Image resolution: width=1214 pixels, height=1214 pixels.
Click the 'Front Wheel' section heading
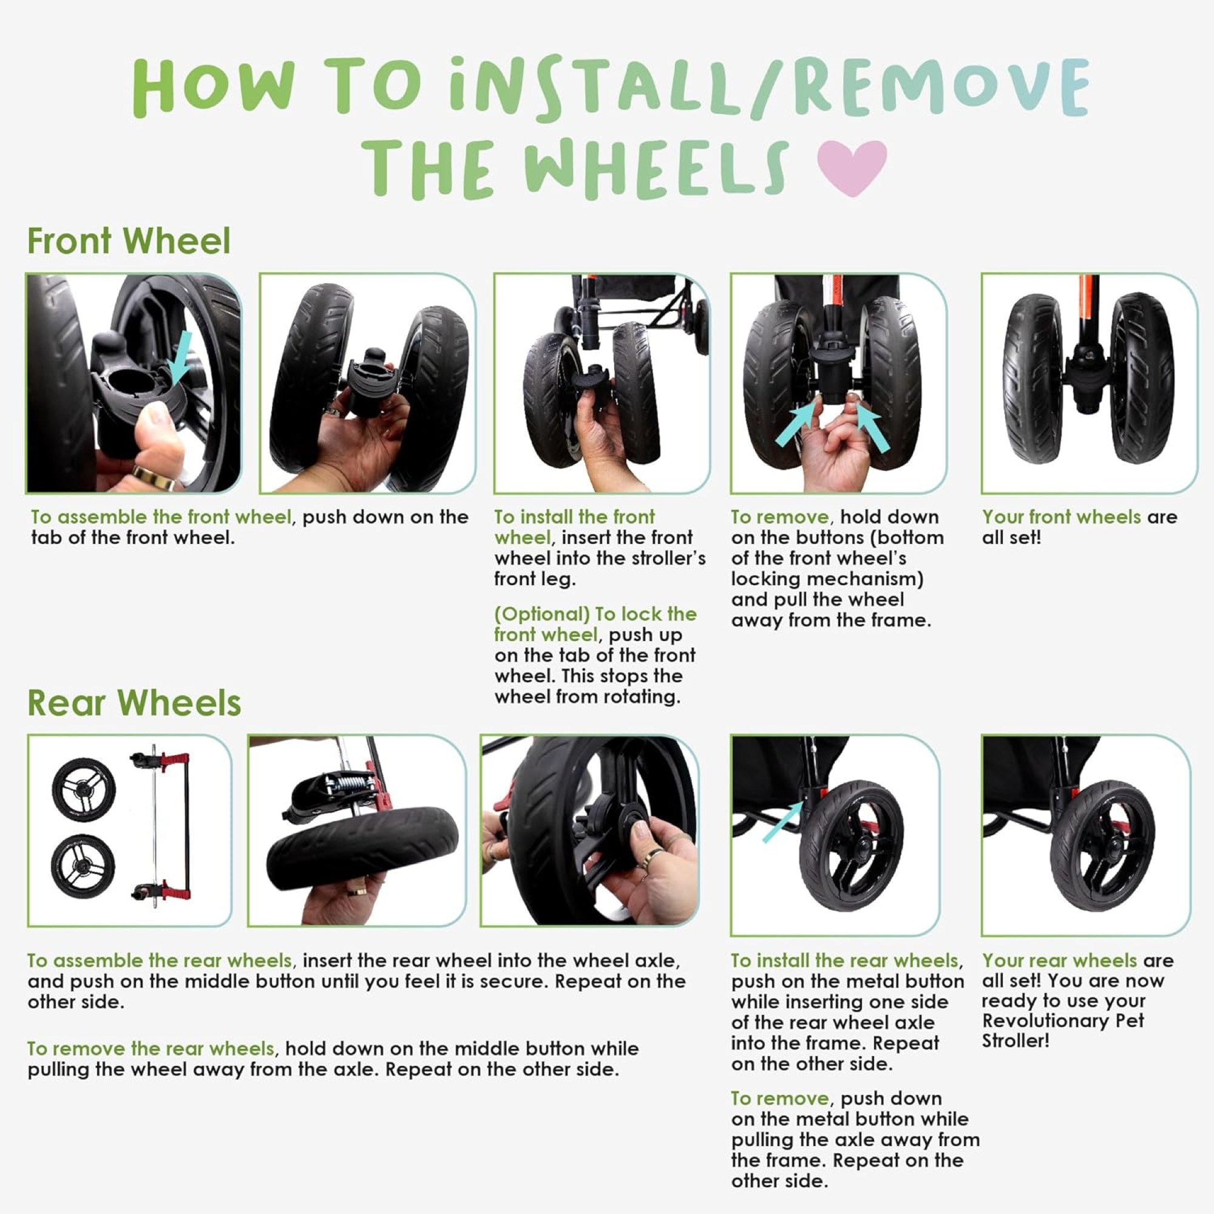(129, 240)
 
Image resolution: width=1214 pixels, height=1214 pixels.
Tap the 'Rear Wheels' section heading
(134, 702)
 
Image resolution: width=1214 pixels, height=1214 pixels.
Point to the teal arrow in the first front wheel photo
(182, 358)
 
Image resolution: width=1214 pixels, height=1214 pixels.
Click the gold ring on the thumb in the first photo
(154, 478)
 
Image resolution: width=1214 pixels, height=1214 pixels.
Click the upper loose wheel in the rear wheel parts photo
(84, 788)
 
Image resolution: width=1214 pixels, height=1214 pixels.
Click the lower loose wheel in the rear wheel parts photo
(83, 867)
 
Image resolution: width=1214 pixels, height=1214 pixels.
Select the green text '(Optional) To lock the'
(595, 614)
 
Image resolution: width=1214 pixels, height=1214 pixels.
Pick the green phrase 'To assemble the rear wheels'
(160, 961)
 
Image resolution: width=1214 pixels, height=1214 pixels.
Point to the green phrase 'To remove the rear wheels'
(151, 1049)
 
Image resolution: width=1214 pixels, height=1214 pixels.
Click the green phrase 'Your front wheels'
(1061, 517)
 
